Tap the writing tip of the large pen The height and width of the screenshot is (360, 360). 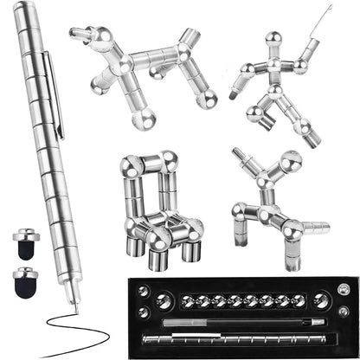click(x=72, y=305)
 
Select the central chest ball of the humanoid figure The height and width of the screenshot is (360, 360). click(x=274, y=64)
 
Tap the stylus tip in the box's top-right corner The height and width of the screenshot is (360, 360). click(x=344, y=288)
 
